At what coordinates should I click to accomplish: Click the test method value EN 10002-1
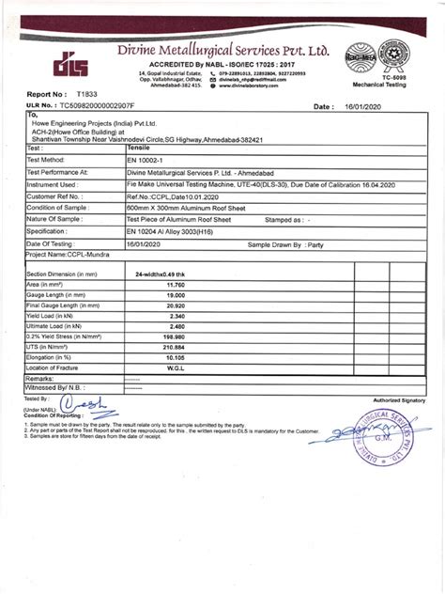pos(150,161)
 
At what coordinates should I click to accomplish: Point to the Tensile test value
pos(138,148)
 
